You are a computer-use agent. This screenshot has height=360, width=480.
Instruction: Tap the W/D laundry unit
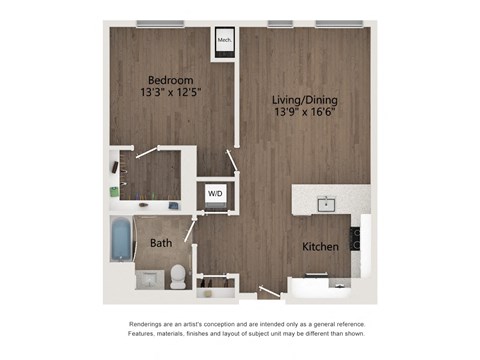[216, 192]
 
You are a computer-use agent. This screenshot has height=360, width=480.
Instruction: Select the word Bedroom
[170, 80]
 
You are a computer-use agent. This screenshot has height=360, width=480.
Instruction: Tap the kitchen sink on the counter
[326, 205]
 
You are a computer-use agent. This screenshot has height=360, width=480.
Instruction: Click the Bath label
[160, 243]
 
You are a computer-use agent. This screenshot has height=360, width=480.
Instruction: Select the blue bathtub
[121, 240]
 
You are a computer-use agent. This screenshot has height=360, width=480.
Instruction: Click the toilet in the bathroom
[178, 275]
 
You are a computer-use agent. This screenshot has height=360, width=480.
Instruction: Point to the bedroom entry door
[232, 160]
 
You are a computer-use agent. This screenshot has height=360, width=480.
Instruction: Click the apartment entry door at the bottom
[267, 293]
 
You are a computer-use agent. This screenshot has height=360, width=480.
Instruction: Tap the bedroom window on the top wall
[163, 24]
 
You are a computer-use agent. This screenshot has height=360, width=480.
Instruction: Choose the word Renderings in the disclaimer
[151, 325]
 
